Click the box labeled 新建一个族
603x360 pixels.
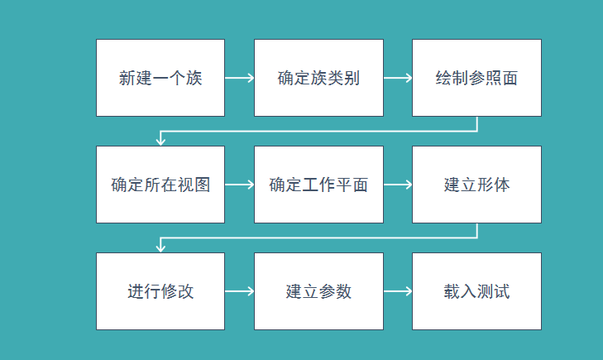[x=160, y=78]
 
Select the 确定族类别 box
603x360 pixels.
[x=318, y=78]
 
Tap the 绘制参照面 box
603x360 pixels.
[x=476, y=78]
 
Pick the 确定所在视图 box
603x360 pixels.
[x=160, y=185]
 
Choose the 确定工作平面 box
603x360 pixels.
[x=318, y=185]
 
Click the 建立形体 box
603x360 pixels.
[x=476, y=185]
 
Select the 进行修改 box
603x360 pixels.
[x=160, y=291]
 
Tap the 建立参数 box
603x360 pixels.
[x=318, y=291]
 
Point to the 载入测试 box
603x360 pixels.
[x=476, y=291]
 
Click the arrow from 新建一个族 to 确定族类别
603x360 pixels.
[x=239, y=79]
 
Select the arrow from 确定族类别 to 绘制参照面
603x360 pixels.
[x=397, y=79]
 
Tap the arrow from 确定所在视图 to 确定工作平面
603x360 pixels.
[x=239, y=185]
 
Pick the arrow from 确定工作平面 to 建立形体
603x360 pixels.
[x=397, y=185]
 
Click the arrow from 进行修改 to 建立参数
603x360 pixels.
[x=239, y=292]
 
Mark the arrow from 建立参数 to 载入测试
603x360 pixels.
[x=397, y=292]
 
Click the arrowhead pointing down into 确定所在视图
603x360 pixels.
[x=161, y=142]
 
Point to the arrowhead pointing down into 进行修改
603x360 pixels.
[x=161, y=248]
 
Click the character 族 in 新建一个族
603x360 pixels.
[x=194, y=79]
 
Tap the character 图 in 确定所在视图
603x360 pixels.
[x=202, y=185]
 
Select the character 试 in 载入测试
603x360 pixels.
[x=501, y=292]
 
